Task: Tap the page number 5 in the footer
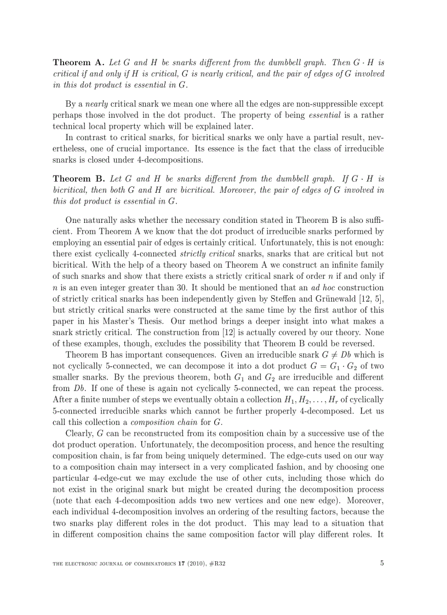pyautogui.click(x=382, y=562)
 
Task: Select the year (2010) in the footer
pyautogui.click(x=193, y=563)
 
